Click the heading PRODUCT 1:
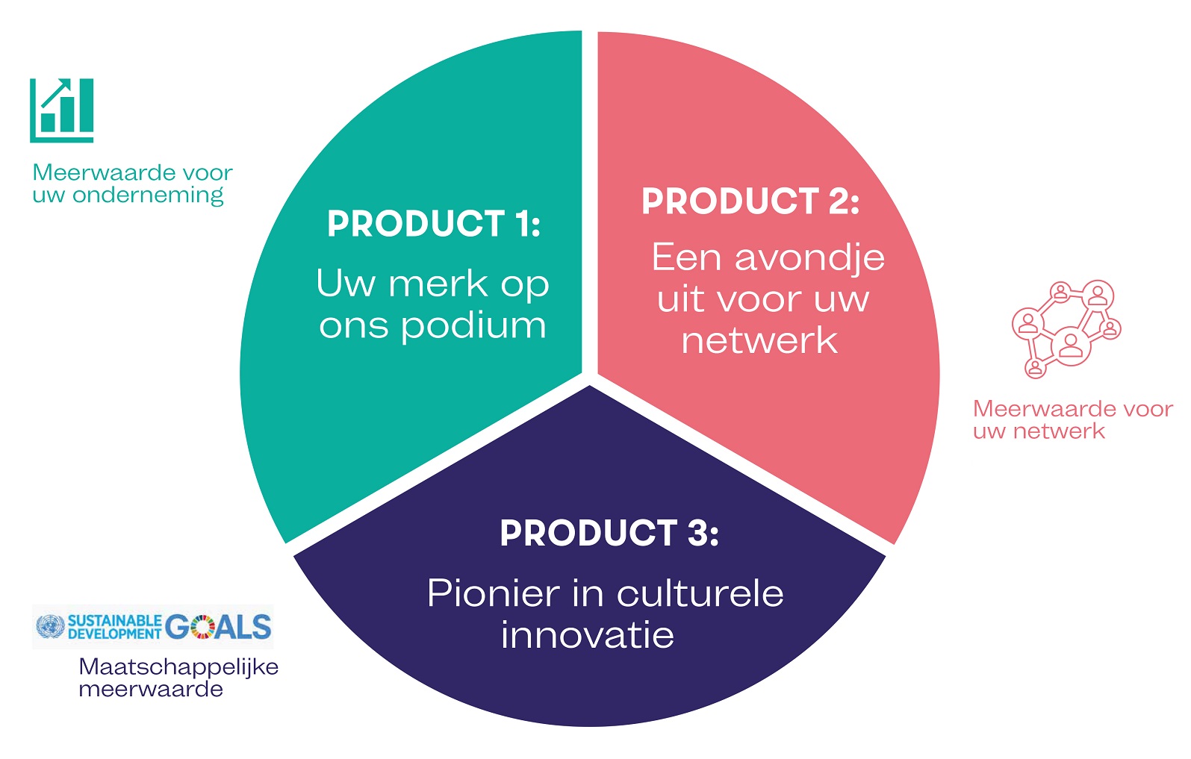pyautogui.click(x=434, y=223)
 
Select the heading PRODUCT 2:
pyautogui.click(x=750, y=201)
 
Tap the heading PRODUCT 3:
pyautogui.click(x=609, y=533)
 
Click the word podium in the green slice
pyautogui.click(x=473, y=325)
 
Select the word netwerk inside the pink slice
pyautogui.click(x=759, y=340)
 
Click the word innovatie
pyautogui.click(x=588, y=634)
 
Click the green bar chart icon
pyautogui.click(x=62, y=110)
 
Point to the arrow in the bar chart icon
pyautogui.click(x=56, y=93)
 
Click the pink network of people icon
pyautogui.click(x=1066, y=329)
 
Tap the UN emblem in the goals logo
pyautogui.click(x=51, y=626)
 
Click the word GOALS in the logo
pyautogui.click(x=218, y=627)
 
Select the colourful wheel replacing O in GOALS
pyautogui.click(x=202, y=627)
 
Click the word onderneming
pyautogui.click(x=148, y=196)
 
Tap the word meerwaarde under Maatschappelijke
pyautogui.click(x=151, y=690)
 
